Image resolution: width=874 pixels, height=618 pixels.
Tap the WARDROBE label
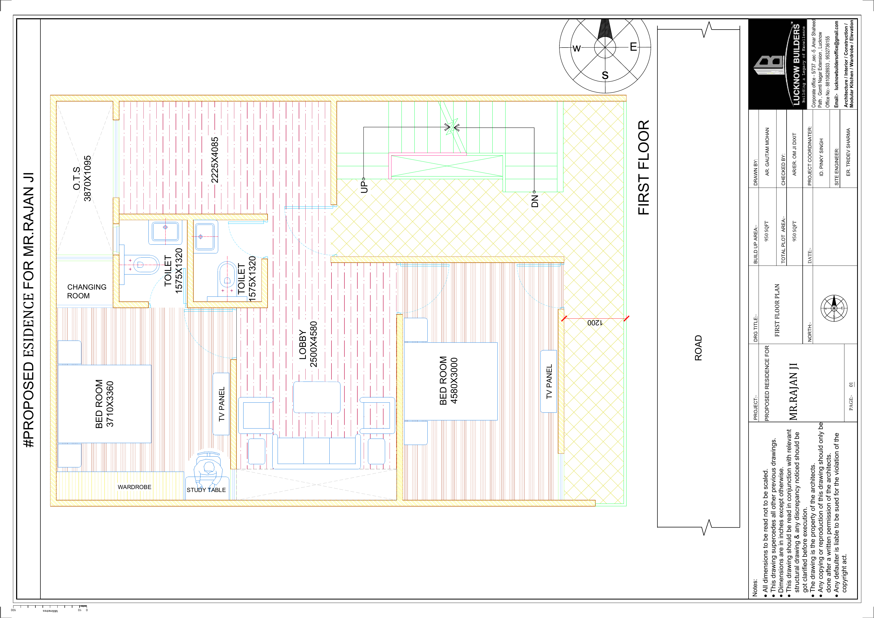(x=134, y=487)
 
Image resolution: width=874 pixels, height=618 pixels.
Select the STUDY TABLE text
(x=206, y=490)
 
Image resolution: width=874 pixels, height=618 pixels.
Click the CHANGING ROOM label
(x=86, y=291)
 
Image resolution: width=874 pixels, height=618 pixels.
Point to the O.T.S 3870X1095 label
(x=82, y=178)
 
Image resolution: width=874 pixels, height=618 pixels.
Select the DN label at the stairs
(x=535, y=201)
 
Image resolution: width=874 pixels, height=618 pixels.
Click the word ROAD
(x=698, y=348)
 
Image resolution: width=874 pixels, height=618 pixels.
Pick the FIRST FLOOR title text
(x=643, y=168)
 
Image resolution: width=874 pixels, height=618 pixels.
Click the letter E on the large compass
(x=633, y=47)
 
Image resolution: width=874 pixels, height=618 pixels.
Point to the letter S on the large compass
(x=605, y=75)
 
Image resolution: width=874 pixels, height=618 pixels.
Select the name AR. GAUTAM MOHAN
(x=767, y=151)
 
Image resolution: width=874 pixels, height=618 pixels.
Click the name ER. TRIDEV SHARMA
(x=848, y=152)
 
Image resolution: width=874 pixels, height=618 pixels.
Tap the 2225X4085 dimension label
(x=215, y=160)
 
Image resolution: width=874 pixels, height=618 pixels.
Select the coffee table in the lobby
(x=317, y=397)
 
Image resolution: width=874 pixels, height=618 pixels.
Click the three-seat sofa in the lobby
(x=316, y=451)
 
